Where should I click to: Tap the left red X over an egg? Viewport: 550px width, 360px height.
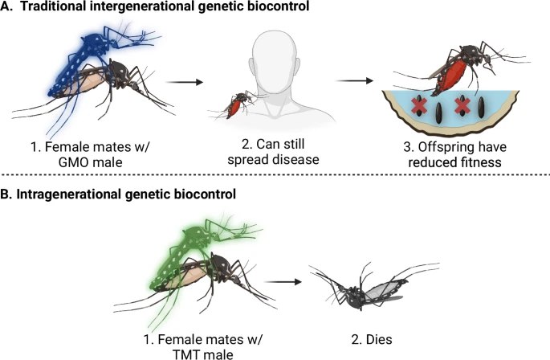[x=418, y=106]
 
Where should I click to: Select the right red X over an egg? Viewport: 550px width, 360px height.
[x=462, y=106]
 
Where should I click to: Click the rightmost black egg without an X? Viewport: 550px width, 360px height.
[x=482, y=108]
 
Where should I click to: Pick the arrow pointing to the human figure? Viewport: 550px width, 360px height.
[x=185, y=82]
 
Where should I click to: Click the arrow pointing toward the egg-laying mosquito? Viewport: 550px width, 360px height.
[x=355, y=81]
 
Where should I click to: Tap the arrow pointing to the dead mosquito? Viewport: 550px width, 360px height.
[x=283, y=282]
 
